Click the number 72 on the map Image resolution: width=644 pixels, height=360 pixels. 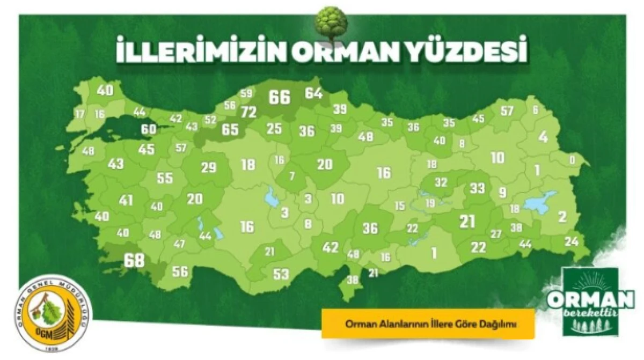coord(249,112)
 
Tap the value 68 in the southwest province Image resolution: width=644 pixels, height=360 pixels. coord(134,261)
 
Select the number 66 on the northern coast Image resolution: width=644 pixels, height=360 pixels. coord(279,97)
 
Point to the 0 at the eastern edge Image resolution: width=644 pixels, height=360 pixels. coord(572,159)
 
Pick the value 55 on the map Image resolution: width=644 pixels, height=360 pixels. coord(164,179)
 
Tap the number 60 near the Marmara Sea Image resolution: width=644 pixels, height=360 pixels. coord(149,129)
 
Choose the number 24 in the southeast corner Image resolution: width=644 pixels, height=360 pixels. coord(572,241)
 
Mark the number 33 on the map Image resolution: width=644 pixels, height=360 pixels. coord(477,188)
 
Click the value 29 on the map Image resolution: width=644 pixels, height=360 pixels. coord(208,167)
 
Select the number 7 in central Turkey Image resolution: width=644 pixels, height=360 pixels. coord(292,176)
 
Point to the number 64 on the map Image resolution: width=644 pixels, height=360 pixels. coord(313,93)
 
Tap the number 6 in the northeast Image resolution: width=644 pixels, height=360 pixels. coord(535,110)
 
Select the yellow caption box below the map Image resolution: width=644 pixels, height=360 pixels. coord(428,323)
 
